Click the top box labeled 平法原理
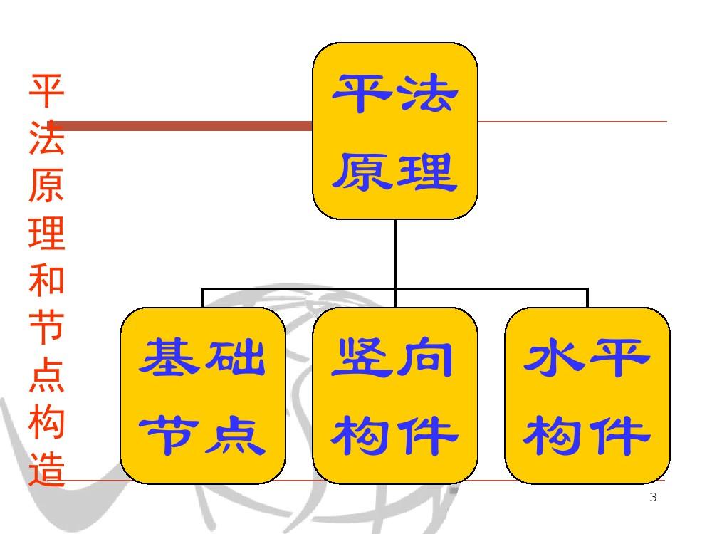pyautogui.click(x=395, y=131)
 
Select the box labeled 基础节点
pyautogui.click(x=203, y=395)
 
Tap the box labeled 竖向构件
pyautogui.click(x=395, y=395)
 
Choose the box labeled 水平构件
pyautogui.click(x=587, y=395)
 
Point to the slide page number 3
pyautogui.click(x=653, y=498)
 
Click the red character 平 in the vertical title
pyautogui.click(x=47, y=91)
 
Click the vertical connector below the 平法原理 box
pyautogui.click(x=395, y=253)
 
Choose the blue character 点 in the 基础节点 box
pyautogui.click(x=235, y=434)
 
